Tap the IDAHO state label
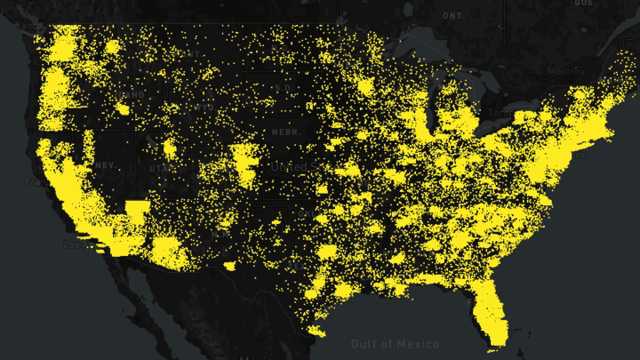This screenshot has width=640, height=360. tap(135, 95)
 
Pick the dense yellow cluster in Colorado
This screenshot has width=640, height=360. tap(244, 160)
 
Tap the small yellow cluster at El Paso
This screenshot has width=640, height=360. tap(229, 264)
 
